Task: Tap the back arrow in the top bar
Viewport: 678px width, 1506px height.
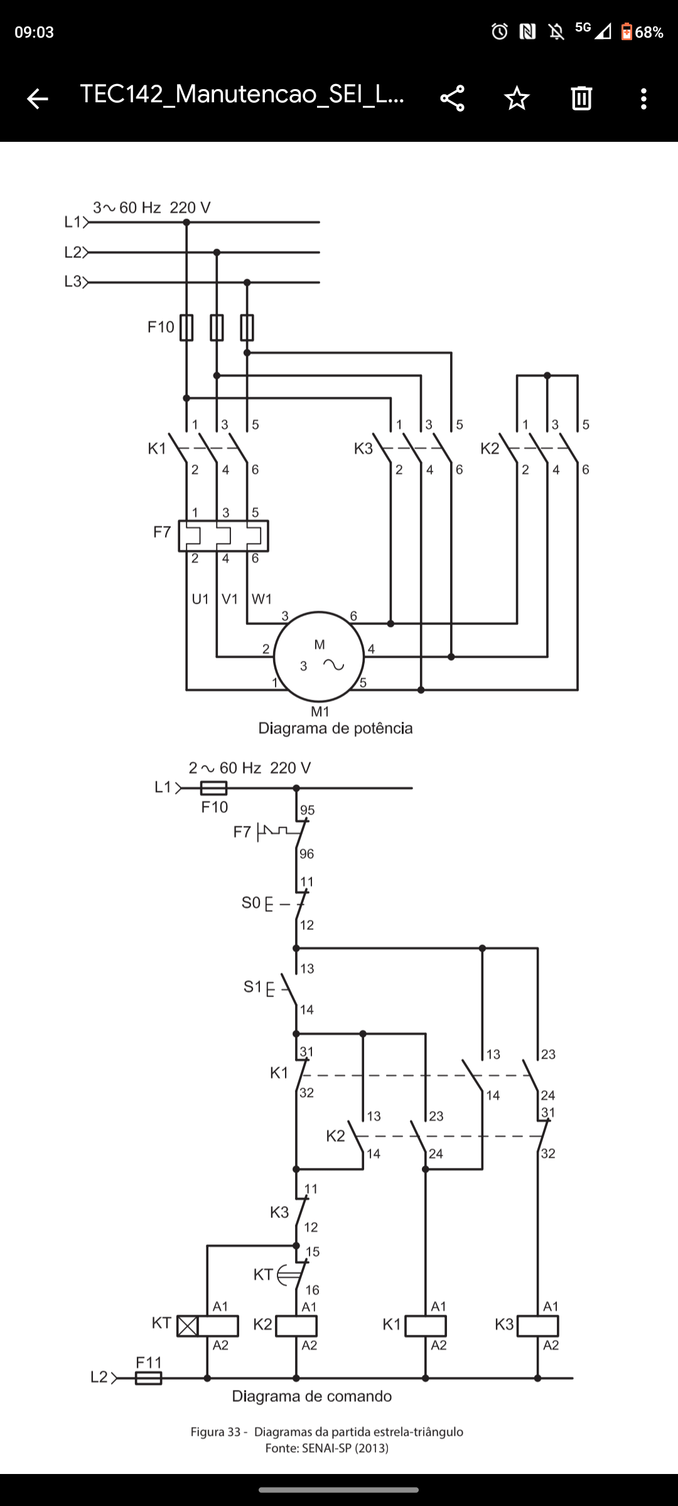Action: click(37, 99)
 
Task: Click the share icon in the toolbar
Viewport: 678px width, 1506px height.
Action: click(452, 99)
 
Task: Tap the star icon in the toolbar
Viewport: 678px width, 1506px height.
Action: click(517, 99)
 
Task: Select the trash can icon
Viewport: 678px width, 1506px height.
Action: click(581, 99)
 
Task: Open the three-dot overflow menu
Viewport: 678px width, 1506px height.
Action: click(643, 99)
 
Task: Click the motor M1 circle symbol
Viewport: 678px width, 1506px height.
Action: click(319, 656)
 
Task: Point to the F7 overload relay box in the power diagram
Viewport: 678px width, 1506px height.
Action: click(223, 536)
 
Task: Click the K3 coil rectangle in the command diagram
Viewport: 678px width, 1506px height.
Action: click(537, 1326)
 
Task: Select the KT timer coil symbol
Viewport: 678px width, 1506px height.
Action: click(207, 1326)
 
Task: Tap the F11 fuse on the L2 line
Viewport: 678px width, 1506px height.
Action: click(149, 1378)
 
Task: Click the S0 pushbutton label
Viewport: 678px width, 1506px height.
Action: click(250, 903)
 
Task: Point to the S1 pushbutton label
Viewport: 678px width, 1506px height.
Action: click(252, 987)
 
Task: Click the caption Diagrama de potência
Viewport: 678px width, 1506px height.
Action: click(335, 729)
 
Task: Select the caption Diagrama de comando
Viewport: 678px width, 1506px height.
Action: click(312, 1396)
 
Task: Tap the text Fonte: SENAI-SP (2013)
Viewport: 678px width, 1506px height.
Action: click(327, 1448)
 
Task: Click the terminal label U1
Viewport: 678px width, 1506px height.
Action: click(200, 599)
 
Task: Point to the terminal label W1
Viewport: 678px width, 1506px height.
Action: click(262, 599)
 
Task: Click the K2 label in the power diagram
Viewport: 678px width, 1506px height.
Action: click(490, 449)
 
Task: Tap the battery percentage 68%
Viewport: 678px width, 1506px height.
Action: click(649, 32)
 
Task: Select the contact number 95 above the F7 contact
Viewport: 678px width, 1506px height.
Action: click(308, 810)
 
